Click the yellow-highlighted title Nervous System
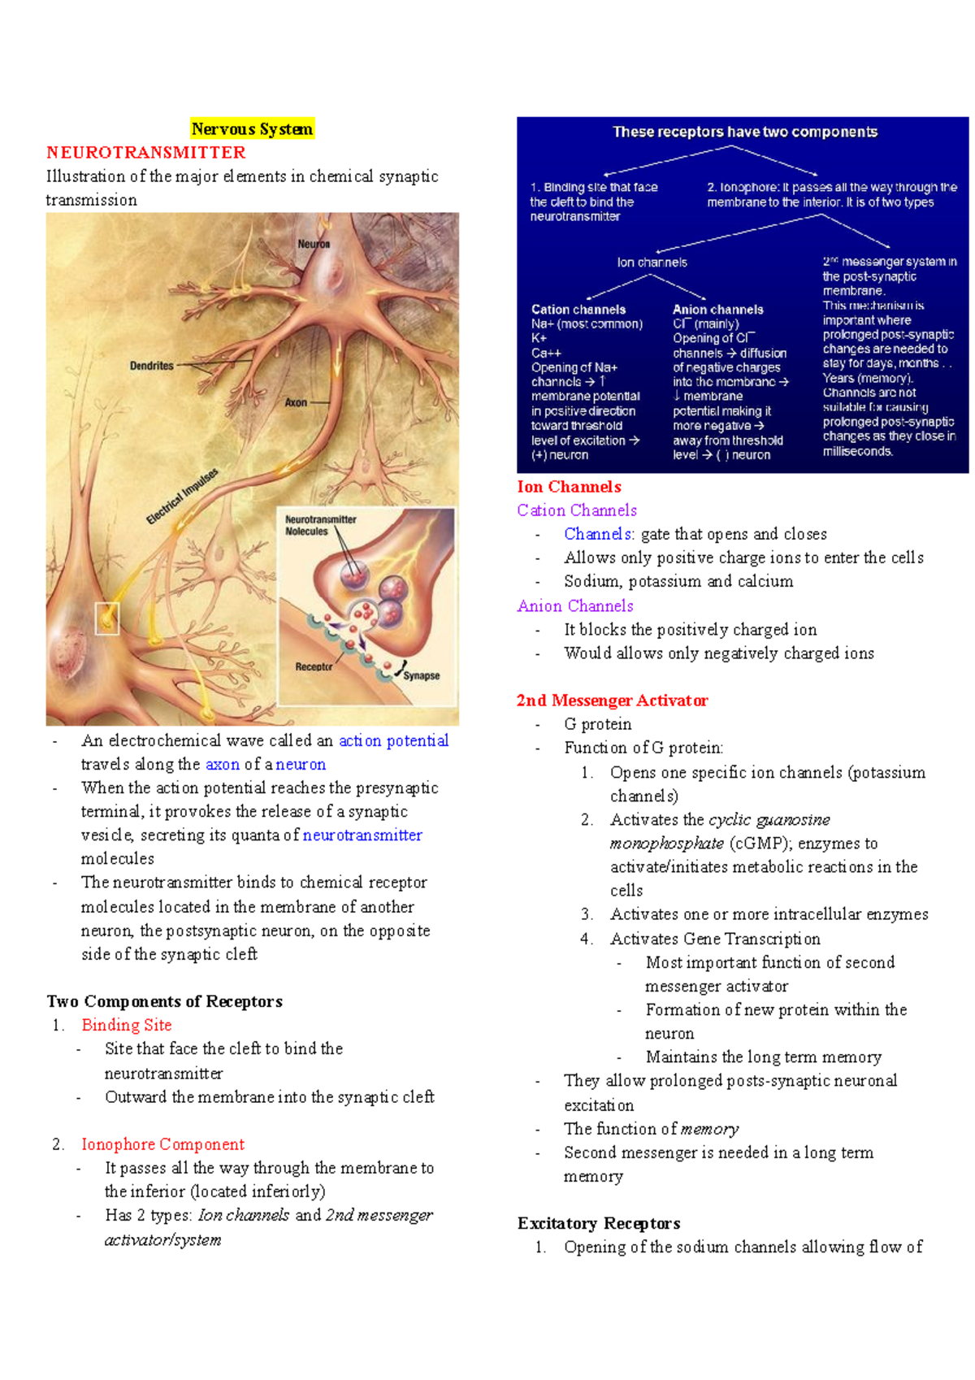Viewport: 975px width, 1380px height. point(252,129)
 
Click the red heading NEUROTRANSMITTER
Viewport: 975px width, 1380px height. point(146,153)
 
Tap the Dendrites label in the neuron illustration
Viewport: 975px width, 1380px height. point(152,366)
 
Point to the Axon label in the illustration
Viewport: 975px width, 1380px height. point(296,402)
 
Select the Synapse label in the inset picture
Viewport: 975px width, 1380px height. point(422,675)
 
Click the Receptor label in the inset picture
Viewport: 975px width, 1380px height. point(314,666)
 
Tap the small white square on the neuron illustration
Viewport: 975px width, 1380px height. point(107,618)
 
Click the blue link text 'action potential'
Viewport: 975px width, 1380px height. point(393,740)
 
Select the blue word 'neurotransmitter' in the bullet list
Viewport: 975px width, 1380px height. point(362,835)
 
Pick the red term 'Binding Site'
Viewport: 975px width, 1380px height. point(127,1025)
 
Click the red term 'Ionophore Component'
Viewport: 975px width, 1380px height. point(162,1144)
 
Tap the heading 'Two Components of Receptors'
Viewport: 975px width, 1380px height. point(165,1001)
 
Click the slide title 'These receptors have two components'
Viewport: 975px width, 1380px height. point(745,132)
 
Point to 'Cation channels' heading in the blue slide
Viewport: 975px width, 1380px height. point(578,310)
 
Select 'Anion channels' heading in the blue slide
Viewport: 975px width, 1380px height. point(718,310)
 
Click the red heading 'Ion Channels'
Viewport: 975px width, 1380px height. point(569,487)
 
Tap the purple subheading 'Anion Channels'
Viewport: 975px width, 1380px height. point(575,605)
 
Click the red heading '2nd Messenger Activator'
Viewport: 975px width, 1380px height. point(612,701)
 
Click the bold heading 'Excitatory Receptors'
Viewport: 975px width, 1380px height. point(599,1223)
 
